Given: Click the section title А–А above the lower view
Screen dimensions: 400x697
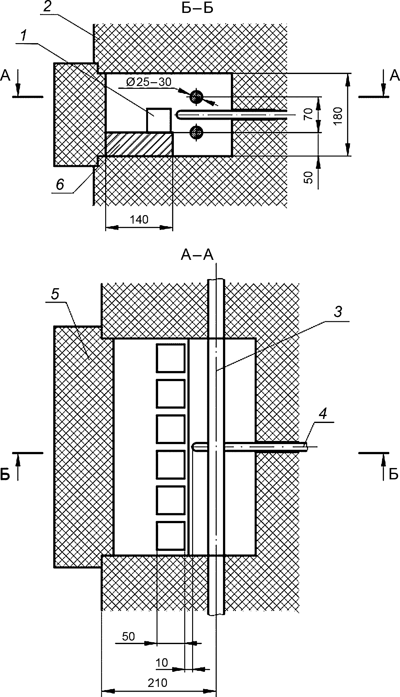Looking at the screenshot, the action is coord(197,256).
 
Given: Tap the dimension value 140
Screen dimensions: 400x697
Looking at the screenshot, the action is coord(139,220).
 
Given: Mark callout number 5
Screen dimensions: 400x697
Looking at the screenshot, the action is coord(55,294).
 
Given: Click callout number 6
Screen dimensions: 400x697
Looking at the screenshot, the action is coord(60,184).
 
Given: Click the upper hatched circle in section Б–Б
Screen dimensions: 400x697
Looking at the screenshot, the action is coord(197,97).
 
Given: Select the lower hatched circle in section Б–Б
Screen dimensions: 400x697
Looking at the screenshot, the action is coord(197,132).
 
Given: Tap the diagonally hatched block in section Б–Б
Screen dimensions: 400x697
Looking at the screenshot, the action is coord(139,144).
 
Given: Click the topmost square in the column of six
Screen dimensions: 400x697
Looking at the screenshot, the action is coord(170,358).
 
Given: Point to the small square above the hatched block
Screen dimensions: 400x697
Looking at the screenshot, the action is coord(159,120).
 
